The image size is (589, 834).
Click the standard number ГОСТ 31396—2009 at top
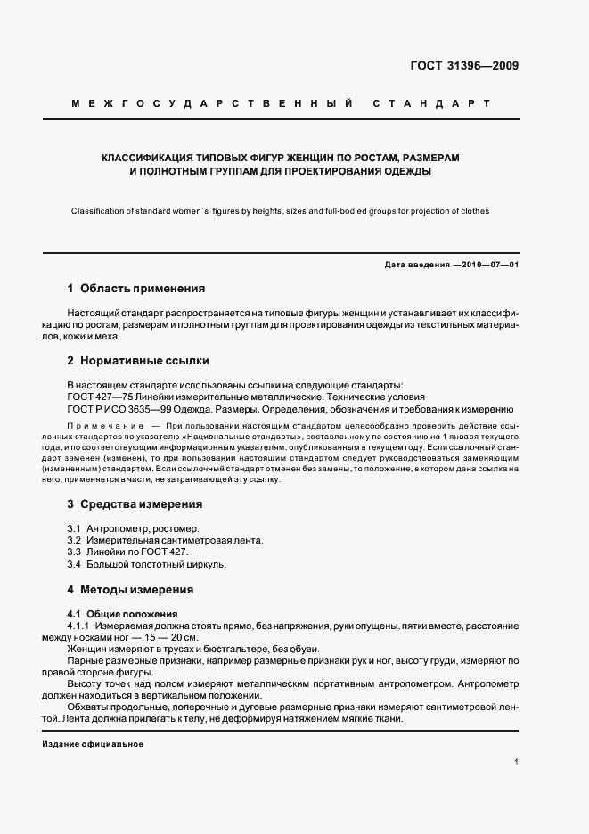[x=465, y=65]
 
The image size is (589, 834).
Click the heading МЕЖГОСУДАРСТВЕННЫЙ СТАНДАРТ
[x=294, y=103]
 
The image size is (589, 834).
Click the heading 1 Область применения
[x=136, y=289]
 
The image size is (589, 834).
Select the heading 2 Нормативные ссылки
[x=137, y=362]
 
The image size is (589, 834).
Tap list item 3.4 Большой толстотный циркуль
[x=147, y=564]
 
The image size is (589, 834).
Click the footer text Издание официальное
[x=93, y=744]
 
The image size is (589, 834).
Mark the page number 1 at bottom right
[x=517, y=763]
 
